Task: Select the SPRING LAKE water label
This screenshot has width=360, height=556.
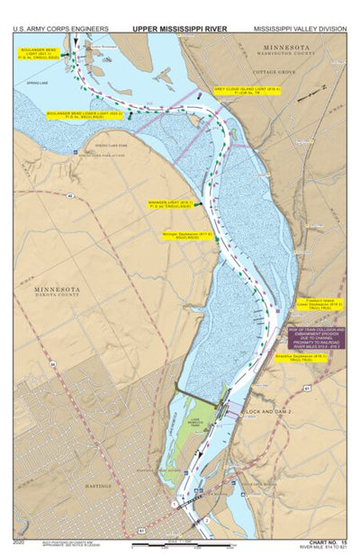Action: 40,86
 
